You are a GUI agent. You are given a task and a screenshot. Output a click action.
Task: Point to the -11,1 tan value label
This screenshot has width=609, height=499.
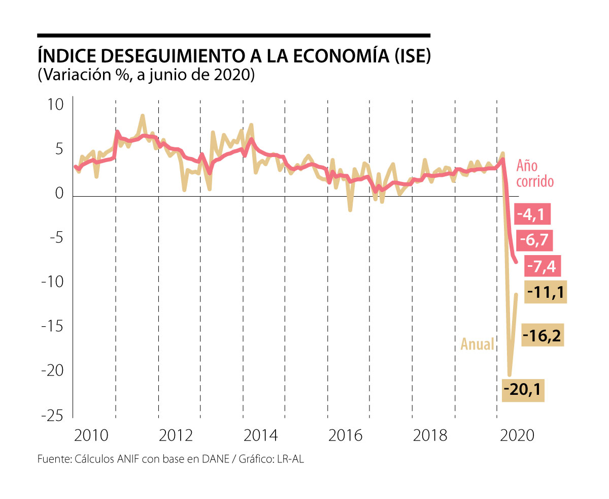[546, 292]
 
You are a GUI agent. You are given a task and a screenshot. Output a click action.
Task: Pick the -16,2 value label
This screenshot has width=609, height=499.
[543, 336]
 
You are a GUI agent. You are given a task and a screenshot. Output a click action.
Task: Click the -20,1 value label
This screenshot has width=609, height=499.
[523, 390]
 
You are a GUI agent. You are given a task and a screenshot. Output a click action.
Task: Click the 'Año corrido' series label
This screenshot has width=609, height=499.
[534, 173]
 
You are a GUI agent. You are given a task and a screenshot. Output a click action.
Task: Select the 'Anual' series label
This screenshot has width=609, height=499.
[477, 344]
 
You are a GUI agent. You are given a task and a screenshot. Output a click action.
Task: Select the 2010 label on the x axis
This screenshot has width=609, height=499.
[90, 436]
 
